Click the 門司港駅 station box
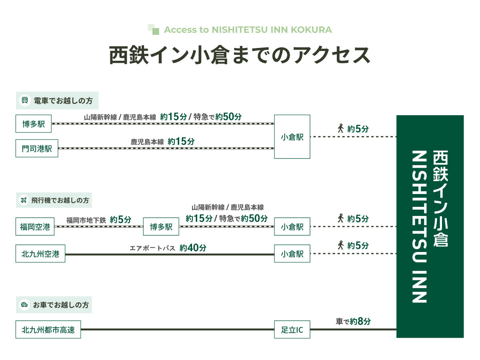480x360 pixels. click(37, 148)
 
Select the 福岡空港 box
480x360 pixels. click(35, 227)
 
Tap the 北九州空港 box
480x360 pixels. click(40, 254)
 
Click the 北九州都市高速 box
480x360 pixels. click(48, 330)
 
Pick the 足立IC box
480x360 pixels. click(292, 330)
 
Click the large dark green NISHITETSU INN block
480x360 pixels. click(430, 226)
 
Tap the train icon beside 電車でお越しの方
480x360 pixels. click(25, 100)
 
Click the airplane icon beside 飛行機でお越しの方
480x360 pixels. click(24, 200)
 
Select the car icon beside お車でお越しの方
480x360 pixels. click(24, 305)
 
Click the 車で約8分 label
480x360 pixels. click(353, 321)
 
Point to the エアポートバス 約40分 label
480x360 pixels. click(168, 248)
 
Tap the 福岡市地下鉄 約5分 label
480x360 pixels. click(98, 220)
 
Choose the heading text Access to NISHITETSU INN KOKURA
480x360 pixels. click(248, 30)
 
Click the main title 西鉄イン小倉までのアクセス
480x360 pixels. click(240, 55)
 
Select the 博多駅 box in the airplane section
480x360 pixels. click(161, 227)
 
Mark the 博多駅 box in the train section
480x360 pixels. click(34, 124)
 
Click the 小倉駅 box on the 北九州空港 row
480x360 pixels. click(292, 254)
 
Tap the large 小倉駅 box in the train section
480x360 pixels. click(292, 137)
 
